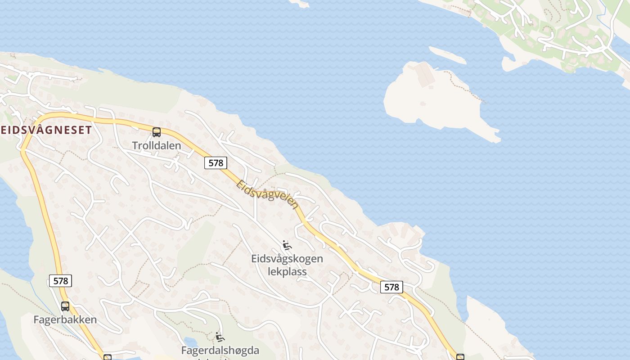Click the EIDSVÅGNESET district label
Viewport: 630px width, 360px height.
pos(46,130)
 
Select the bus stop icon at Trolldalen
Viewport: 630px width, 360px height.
pos(157,132)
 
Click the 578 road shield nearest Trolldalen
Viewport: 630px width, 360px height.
pos(216,163)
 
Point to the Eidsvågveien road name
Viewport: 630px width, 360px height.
pos(267,194)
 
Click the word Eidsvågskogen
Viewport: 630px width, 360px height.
pos(287,259)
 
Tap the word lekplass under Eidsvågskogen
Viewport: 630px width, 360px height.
pos(287,271)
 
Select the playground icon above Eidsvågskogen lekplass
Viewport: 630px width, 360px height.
pos(287,246)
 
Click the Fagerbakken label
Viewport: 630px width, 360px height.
pos(65,319)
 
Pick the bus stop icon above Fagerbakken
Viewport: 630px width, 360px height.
pos(65,306)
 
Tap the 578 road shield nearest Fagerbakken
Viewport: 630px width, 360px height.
pos(60,281)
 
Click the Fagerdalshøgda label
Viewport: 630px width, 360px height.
pos(220,350)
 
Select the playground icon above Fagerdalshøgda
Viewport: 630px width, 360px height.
pos(220,337)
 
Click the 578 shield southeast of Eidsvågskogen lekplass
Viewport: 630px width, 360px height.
pos(391,287)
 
